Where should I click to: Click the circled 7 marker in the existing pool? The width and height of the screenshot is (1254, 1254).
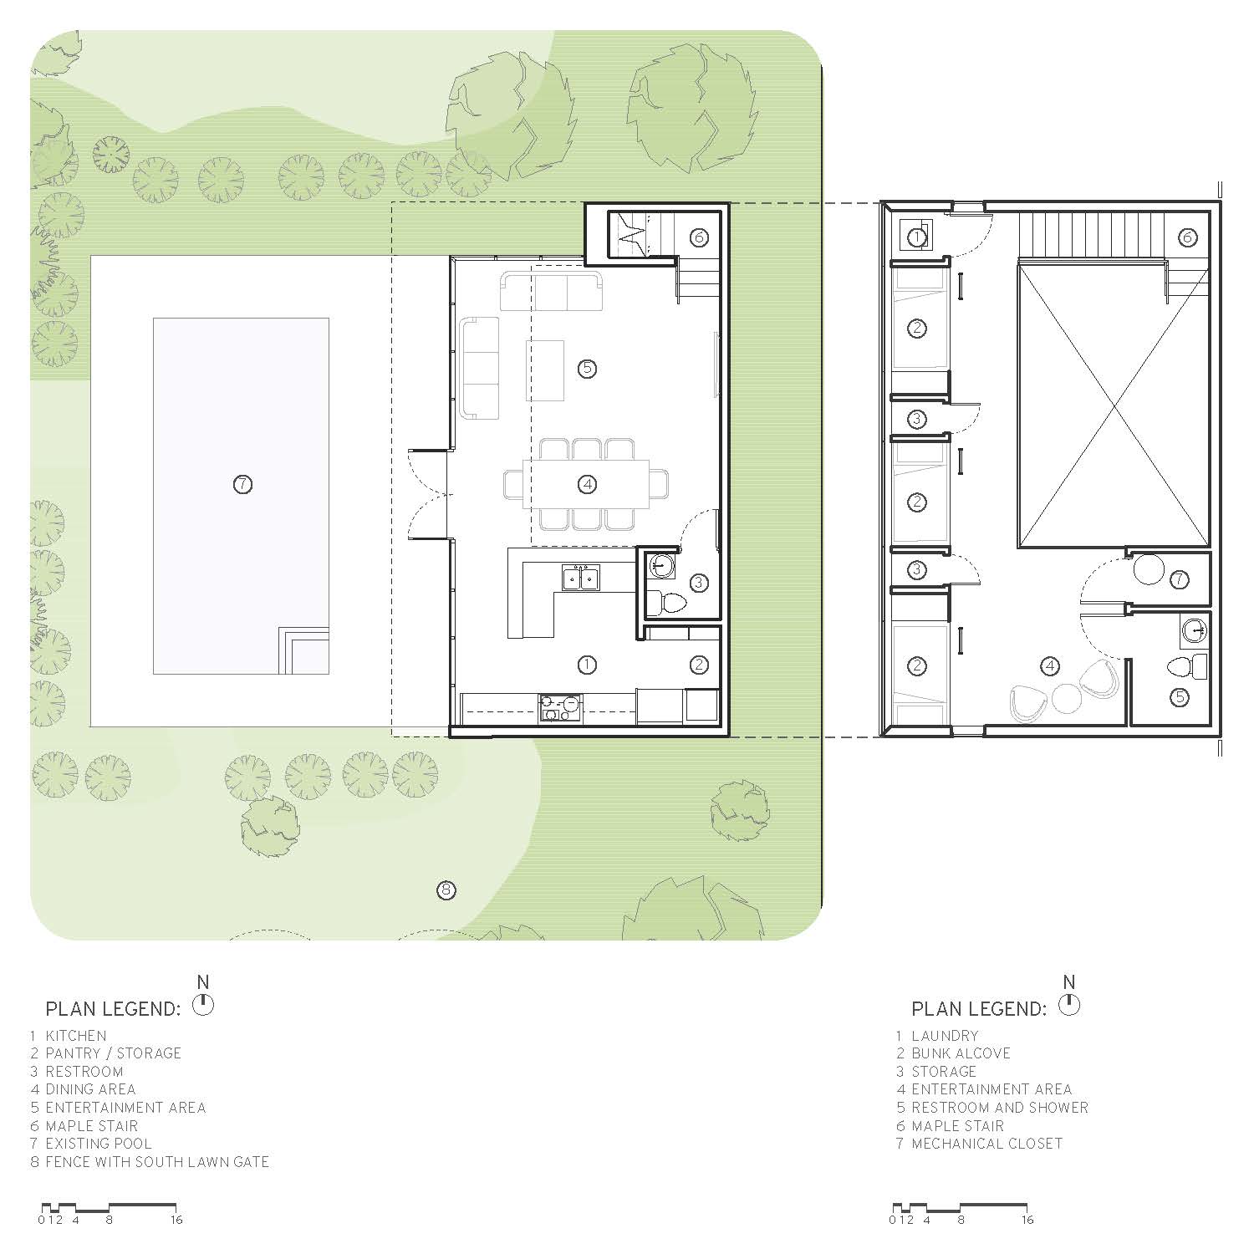[242, 484]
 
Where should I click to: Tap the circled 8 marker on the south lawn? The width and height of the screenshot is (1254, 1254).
[446, 890]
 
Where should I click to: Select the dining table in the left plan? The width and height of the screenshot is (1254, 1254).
[587, 483]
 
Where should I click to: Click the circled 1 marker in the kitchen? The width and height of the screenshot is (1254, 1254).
[587, 665]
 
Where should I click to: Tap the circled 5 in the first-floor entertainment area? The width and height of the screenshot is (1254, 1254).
[587, 368]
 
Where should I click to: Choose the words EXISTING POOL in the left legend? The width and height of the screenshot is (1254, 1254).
[99, 1144]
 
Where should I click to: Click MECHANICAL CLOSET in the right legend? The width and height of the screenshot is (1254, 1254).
[986, 1144]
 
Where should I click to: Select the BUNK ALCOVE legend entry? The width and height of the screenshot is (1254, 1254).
[961, 1053]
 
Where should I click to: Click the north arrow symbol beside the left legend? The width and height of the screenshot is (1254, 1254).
[203, 1004]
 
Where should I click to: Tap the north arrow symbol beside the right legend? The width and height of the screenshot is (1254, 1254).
[1069, 1004]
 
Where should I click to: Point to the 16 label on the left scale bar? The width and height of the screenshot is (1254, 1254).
[176, 1220]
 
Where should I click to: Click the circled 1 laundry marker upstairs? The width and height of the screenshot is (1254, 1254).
[917, 237]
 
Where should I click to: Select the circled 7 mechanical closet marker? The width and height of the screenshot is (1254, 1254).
[1179, 579]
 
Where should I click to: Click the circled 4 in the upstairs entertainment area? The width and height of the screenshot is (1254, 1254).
[1050, 665]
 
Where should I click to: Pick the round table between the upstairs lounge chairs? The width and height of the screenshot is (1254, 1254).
[1066, 699]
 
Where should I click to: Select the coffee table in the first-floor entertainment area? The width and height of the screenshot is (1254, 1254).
[545, 370]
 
